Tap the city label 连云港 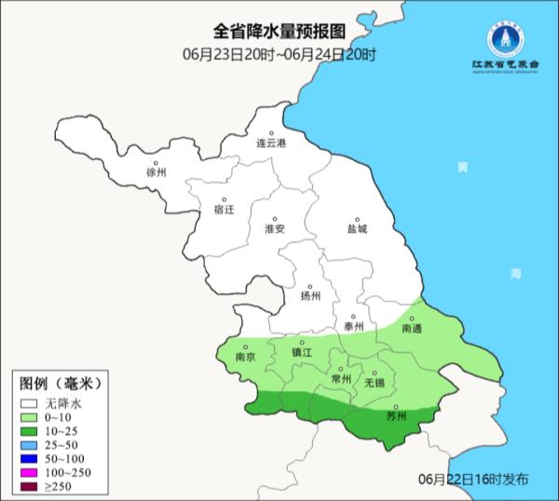pyautogui.click(x=271, y=143)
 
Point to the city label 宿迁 pyautogui.click(x=224, y=210)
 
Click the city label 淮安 pyautogui.click(x=274, y=228)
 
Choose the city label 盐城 pyautogui.click(x=357, y=228)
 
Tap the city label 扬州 pyautogui.click(x=310, y=296)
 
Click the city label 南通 pyautogui.click(x=412, y=329)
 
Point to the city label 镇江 pyautogui.click(x=303, y=353)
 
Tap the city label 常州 pyautogui.click(x=342, y=379)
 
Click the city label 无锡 pyautogui.click(x=374, y=382)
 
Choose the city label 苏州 pyautogui.click(x=396, y=416)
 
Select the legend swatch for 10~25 pyautogui.click(x=30, y=433)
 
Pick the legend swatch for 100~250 pyautogui.click(x=30, y=475)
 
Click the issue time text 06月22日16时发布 pyautogui.click(x=473, y=479)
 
